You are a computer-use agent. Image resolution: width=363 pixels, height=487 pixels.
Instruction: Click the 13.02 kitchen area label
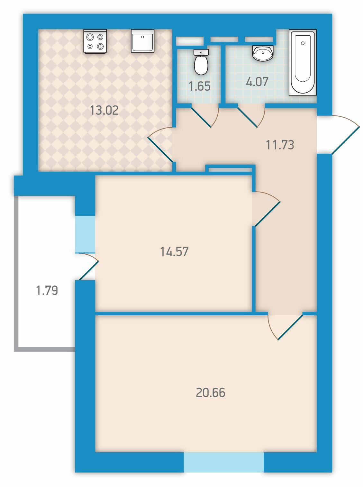tap(104, 110)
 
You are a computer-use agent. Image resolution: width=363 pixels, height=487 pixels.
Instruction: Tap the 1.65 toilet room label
tap(200, 86)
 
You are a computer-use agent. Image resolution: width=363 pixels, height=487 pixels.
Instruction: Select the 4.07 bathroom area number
tap(258, 81)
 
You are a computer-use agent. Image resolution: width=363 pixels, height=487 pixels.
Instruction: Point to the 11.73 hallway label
tap(280, 145)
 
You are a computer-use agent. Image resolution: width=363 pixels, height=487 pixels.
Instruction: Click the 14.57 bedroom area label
tap(174, 252)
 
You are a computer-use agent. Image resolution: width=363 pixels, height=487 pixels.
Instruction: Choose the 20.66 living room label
tap(211, 392)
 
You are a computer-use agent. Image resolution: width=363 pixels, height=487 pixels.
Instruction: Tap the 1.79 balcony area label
tap(47, 290)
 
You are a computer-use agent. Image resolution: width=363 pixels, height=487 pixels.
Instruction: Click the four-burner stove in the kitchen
tap(95, 41)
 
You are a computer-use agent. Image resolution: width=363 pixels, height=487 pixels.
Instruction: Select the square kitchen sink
tap(142, 41)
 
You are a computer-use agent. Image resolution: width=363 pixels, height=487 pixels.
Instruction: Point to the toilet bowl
tap(201, 62)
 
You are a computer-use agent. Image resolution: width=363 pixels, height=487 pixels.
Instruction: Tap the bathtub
tap(303, 63)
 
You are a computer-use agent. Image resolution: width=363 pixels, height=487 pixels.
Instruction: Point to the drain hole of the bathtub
tap(303, 43)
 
